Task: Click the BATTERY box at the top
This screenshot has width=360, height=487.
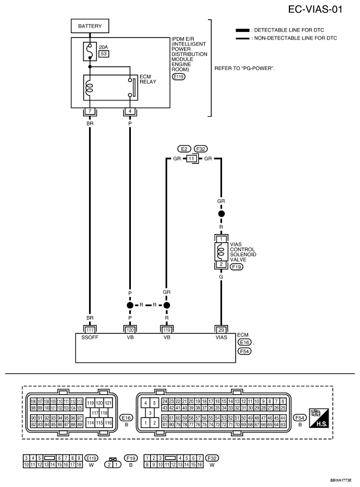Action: point(90,26)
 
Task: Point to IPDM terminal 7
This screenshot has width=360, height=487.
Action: point(90,112)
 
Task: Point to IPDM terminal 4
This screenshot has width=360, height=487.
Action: point(130,112)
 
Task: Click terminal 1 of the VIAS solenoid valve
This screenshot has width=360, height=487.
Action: point(221,239)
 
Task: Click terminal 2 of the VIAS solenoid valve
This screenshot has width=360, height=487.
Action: point(221,264)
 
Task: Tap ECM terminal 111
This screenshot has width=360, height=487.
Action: point(90,329)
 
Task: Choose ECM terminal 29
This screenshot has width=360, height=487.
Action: point(221,329)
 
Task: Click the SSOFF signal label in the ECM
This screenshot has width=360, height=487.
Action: point(90,337)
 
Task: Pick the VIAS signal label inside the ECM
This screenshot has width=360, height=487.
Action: point(221,337)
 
